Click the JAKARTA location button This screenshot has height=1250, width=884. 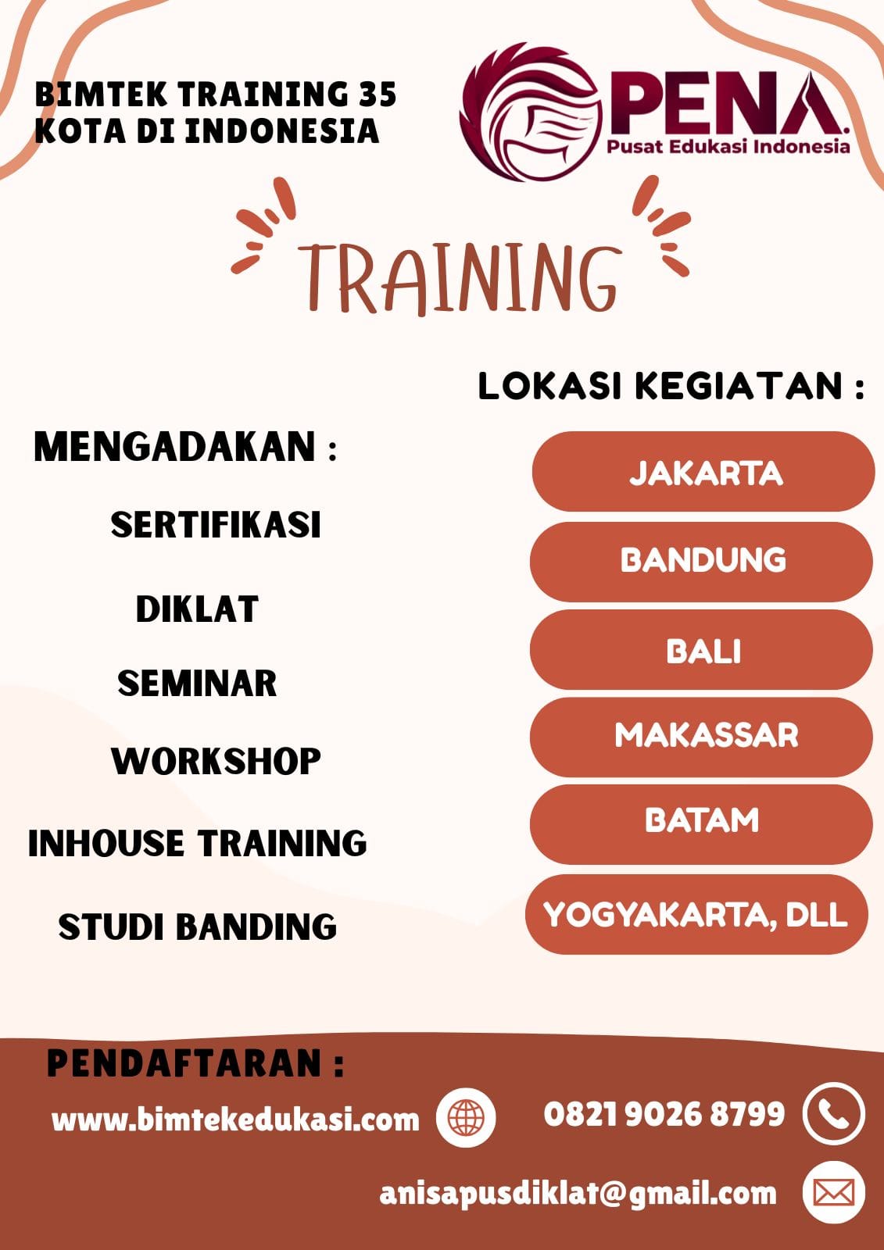pos(703,472)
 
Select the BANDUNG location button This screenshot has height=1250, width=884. pos(701,562)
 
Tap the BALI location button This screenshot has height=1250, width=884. pos(701,649)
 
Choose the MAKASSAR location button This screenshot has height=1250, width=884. pos(701,737)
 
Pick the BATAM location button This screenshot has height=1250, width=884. pos(701,825)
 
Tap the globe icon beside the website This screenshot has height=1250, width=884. pos(466,1118)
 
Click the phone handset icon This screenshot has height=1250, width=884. pos(834,1114)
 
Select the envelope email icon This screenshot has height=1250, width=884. pos(834,1192)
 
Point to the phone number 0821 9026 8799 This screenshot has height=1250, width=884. pos(664,1114)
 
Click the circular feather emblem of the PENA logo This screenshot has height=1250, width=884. pos(531,112)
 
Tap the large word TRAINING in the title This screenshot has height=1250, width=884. pos(460,277)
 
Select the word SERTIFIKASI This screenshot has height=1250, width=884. pos(216,524)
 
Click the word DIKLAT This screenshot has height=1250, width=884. pos(197,609)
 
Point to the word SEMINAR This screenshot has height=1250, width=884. pos(197,683)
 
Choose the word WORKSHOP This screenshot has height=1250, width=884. pos(216,761)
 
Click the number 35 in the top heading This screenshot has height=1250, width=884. pos(378,94)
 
